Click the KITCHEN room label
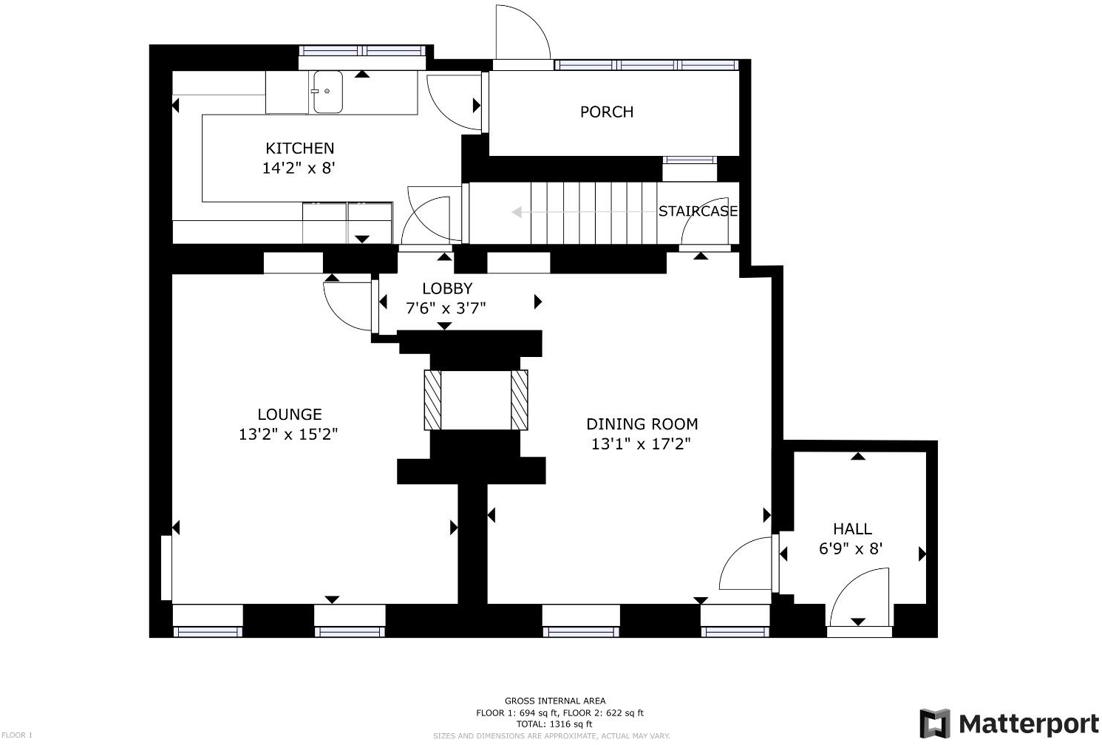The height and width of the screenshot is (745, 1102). coord(299,148)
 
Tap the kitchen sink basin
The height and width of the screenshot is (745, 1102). coord(327,92)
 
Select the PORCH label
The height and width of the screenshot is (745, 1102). coord(606,112)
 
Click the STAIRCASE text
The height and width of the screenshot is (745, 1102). coord(698,211)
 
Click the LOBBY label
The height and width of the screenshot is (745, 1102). coord(446,288)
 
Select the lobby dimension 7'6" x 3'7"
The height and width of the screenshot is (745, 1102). coord(446,308)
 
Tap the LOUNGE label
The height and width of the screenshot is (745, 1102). coord(289,415)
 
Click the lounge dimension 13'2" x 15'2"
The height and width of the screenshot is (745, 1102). coord(288,435)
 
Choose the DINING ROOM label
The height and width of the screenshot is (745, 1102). coord(642,424)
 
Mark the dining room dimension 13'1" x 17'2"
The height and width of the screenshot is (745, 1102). coord(641,444)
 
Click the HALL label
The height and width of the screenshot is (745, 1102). coord(852,529)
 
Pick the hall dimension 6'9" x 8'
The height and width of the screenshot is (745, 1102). coord(851,549)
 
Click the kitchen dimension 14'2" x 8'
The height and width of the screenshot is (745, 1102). coord(299,168)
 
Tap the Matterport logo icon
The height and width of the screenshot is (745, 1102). coord(934,723)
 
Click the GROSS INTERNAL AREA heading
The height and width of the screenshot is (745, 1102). coord(554,701)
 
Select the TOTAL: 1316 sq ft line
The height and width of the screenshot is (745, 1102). coord(554,724)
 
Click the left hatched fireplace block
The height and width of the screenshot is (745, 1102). coord(432,400)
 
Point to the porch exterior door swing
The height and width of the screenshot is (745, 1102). coord(521,33)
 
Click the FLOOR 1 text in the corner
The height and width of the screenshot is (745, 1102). coord(17,735)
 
